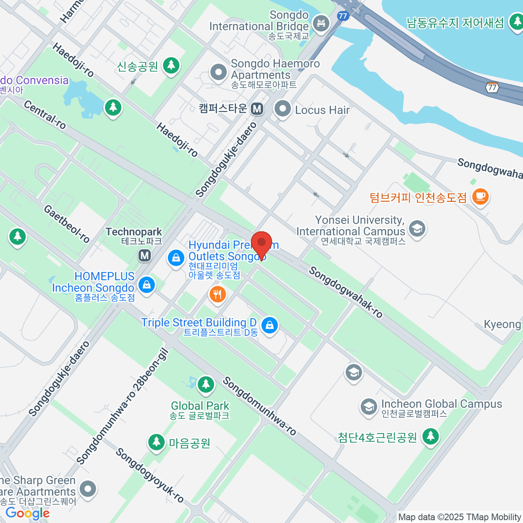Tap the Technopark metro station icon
[145, 255]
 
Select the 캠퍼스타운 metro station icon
[257, 109]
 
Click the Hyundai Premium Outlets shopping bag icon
[176, 258]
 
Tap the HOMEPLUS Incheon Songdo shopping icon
[146, 285]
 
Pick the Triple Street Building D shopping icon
[270, 325]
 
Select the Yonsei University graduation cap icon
[417, 228]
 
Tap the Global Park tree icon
[205, 384]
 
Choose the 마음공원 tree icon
[156, 442]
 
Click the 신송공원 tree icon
[171, 65]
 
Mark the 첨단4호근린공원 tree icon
[431, 436]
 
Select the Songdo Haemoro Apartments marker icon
[218, 72]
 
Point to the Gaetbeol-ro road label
[67, 224]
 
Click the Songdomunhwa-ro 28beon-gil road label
[122, 407]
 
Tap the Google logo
[27, 513]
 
